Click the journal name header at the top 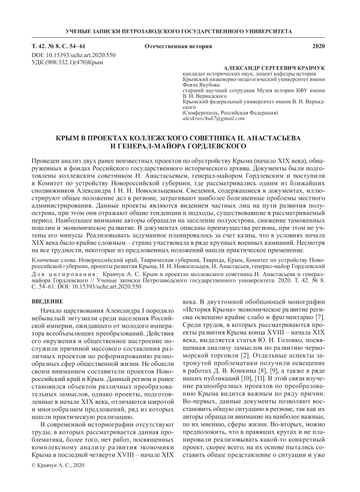pos(179,29)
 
